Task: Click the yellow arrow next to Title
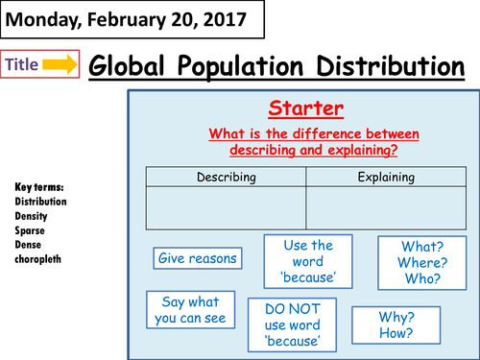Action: tap(60, 64)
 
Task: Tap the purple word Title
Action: tap(24, 64)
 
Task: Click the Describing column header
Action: tap(227, 177)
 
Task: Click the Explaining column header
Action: tap(386, 177)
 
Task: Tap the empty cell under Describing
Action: tap(227, 206)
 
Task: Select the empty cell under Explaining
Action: tap(386, 206)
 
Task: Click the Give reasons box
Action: tap(196, 257)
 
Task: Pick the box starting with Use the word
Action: tap(308, 262)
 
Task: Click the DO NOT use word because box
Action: tap(293, 324)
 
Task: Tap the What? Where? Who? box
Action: tap(420, 262)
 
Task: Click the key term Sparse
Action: tap(31, 231)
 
